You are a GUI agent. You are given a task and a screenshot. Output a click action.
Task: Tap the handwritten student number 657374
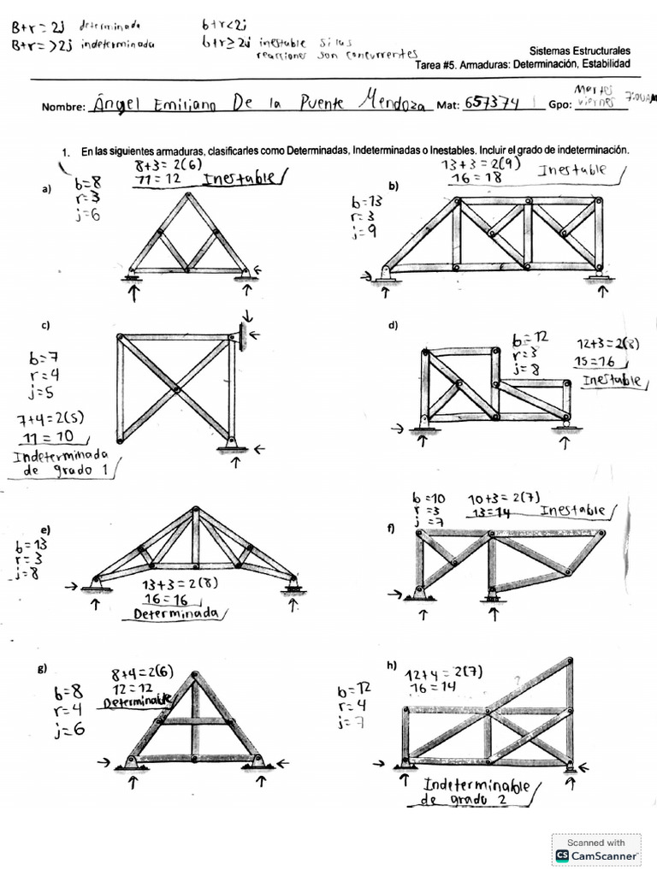(x=491, y=104)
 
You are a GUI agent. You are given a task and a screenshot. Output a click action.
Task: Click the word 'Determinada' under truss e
(x=177, y=613)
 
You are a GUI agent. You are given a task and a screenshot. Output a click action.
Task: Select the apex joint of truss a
(x=187, y=197)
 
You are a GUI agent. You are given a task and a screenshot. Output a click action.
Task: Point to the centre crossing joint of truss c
(x=175, y=389)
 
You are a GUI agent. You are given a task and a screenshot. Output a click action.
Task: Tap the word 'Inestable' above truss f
(x=572, y=511)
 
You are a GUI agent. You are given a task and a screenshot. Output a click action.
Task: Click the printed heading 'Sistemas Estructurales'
(x=580, y=51)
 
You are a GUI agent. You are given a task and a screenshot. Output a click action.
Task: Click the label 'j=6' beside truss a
(x=88, y=215)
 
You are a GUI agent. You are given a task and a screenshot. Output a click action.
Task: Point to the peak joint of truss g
(x=196, y=678)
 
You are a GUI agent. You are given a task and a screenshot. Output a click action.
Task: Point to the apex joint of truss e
(x=195, y=512)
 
